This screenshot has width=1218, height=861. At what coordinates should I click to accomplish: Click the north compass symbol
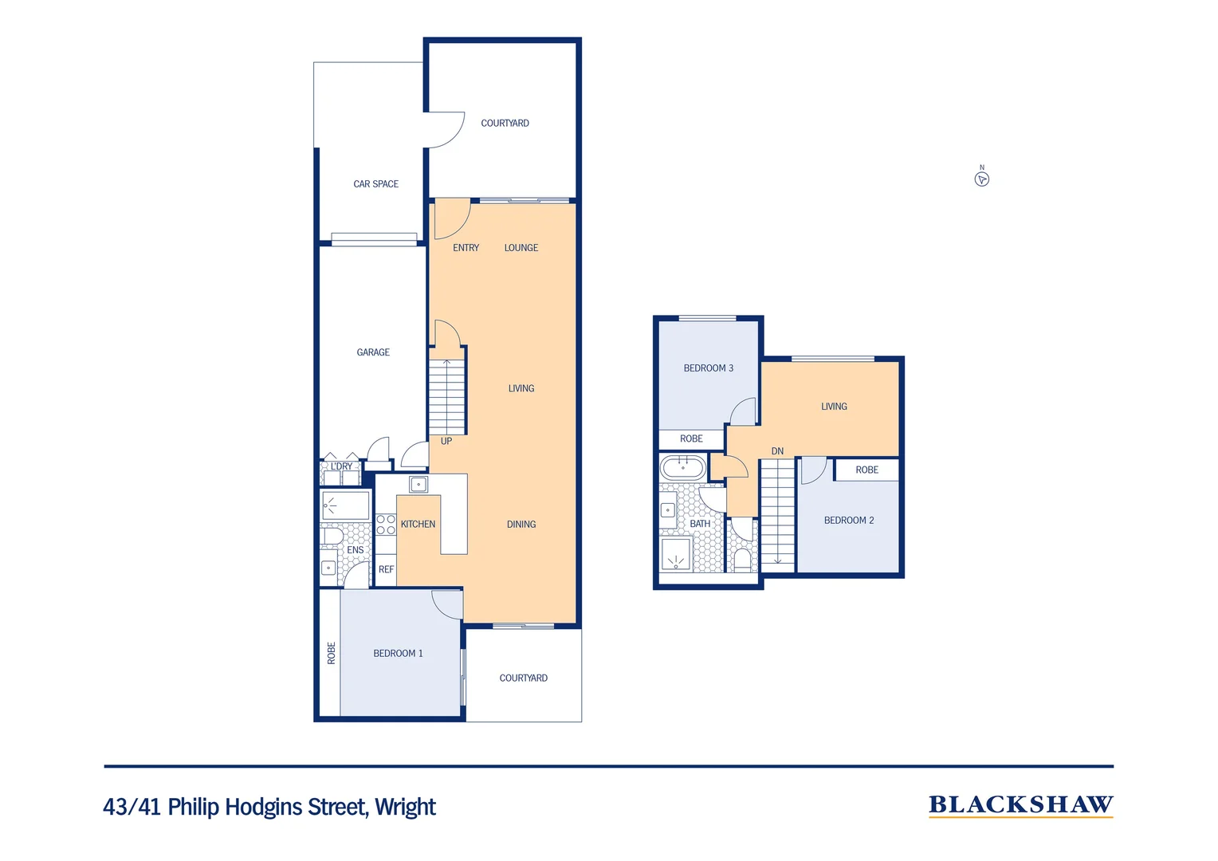pyautogui.click(x=982, y=179)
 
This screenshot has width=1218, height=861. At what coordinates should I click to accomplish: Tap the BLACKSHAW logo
pyautogui.click(x=1020, y=805)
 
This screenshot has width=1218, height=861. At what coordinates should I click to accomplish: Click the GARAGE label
pyautogui.click(x=373, y=352)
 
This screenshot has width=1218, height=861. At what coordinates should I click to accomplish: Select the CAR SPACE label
pyautogui.click(x=375, y=184)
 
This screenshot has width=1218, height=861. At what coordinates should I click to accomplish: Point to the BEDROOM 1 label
pyautogui.click(x=398, y=654)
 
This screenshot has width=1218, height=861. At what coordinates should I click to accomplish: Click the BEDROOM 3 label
pyautogui.click(x=708, y=368)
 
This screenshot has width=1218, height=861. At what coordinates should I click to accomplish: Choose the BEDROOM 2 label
pyautogui.click(x=849, y=521)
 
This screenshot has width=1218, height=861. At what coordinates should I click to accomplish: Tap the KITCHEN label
pyautogui.click(x=418, y=525)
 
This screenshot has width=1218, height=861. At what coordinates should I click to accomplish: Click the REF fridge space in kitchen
pyautogui.click(x=386, y=570)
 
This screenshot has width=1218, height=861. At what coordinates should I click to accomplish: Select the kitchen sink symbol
pyautogui.click(x=418, y=484)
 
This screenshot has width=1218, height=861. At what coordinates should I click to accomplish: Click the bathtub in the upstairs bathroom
pyautogui.click(x=683, y=466)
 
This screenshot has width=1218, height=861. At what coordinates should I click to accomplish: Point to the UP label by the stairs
pyautogui.click(x=446, y=442)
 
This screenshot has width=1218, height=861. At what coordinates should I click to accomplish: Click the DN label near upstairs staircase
pyautogui.click(x=777, y=451)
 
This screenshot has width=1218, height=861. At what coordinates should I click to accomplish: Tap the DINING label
pyautogui.click(x=521, y=525)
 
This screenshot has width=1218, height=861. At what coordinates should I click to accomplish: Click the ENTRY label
pyautogui.click(x=466, y=248)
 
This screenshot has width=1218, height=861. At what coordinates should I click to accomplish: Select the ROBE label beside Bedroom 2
pyautogui.click(x=866, y=470)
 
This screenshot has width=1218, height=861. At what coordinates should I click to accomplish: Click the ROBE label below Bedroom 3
pyautogui.click(x=691, y=439)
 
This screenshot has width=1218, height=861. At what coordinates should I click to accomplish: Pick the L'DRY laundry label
pyautogui.click(x=341, y=466)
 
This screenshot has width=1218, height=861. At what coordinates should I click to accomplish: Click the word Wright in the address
pyautogui.click(x=405, y=808)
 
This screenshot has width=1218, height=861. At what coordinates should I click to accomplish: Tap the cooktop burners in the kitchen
pyautogui.click(x=386, y=525)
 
